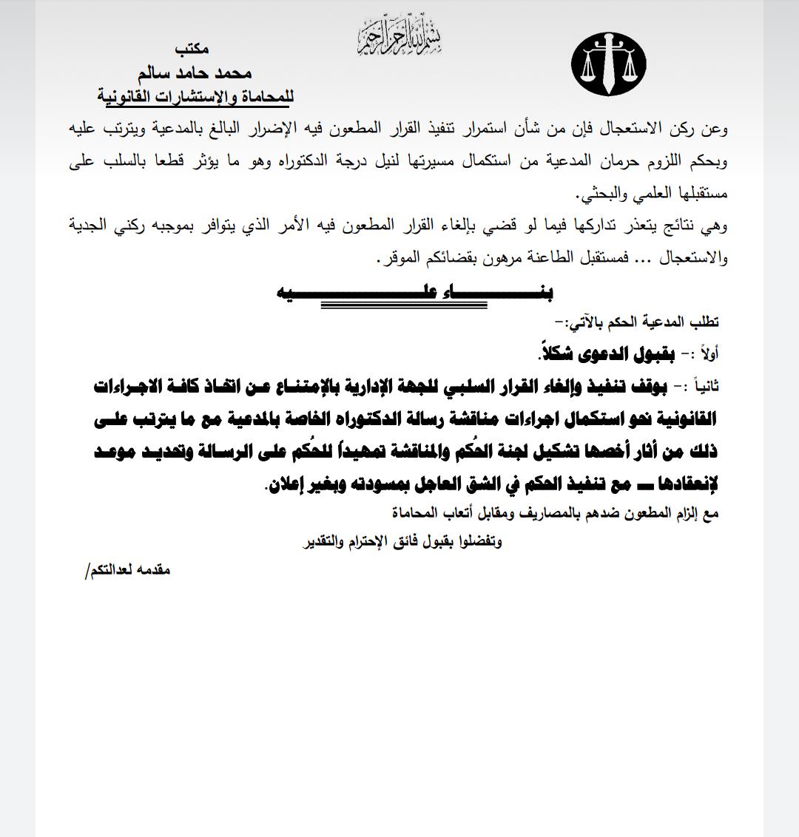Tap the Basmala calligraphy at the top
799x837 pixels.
coord(400,35)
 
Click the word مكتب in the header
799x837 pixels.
coord(192,49)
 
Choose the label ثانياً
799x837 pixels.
coord(701,387)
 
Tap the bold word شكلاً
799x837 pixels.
coord(555,353)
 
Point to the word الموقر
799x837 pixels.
coord(394,260)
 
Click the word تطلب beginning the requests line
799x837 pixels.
coord(703,322)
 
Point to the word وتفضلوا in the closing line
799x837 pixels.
coord(479,541)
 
